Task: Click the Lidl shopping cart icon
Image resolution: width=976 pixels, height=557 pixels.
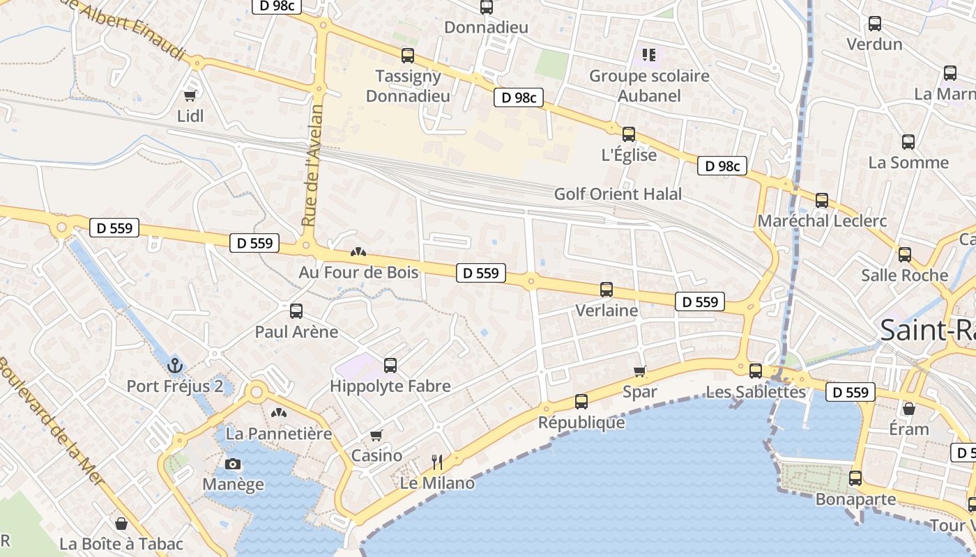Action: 190,95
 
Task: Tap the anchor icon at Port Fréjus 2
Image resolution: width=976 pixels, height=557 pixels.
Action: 175,365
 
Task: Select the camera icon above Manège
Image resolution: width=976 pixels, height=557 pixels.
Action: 233,464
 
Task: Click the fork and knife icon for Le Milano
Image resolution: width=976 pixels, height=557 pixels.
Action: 437,461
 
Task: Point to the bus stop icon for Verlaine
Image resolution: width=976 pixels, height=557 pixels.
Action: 607,289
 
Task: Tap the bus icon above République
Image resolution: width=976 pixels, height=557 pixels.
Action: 581,401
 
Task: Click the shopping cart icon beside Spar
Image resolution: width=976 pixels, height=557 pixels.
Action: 639,371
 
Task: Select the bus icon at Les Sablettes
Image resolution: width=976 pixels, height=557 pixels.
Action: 755,370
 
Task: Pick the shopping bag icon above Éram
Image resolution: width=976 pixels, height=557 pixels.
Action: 908,408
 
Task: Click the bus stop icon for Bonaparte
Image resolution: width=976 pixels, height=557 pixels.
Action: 855,478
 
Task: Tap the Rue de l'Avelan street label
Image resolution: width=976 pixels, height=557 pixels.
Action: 313,165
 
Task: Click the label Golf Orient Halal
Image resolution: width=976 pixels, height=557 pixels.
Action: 618,194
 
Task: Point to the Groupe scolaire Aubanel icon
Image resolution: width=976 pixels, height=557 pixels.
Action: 649,54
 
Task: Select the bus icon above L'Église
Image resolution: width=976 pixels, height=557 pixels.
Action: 628,134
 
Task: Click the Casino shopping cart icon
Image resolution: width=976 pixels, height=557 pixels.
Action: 376,435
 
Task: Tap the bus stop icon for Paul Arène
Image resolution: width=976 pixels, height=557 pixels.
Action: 296,311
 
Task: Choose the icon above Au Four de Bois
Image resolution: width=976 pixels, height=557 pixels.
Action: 358,251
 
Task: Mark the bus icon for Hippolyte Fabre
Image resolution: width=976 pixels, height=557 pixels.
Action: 390,365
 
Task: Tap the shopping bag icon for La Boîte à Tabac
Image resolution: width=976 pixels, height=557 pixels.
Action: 121,523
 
